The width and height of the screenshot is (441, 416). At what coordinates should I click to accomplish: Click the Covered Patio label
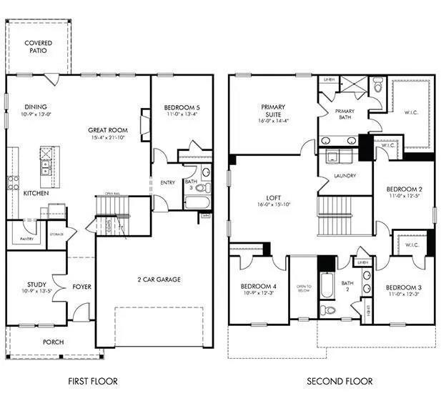[39, 48]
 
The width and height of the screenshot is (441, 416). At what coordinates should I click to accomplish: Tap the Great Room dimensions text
[108, 137]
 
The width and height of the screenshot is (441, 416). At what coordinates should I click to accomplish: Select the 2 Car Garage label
[158, 279]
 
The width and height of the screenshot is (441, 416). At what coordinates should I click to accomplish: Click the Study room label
[36, 285]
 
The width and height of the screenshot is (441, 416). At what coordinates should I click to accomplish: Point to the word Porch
[52, 342]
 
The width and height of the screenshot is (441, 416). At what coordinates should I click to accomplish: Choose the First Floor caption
[93, 381]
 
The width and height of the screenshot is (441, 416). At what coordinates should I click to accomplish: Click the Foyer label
[81, 287]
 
